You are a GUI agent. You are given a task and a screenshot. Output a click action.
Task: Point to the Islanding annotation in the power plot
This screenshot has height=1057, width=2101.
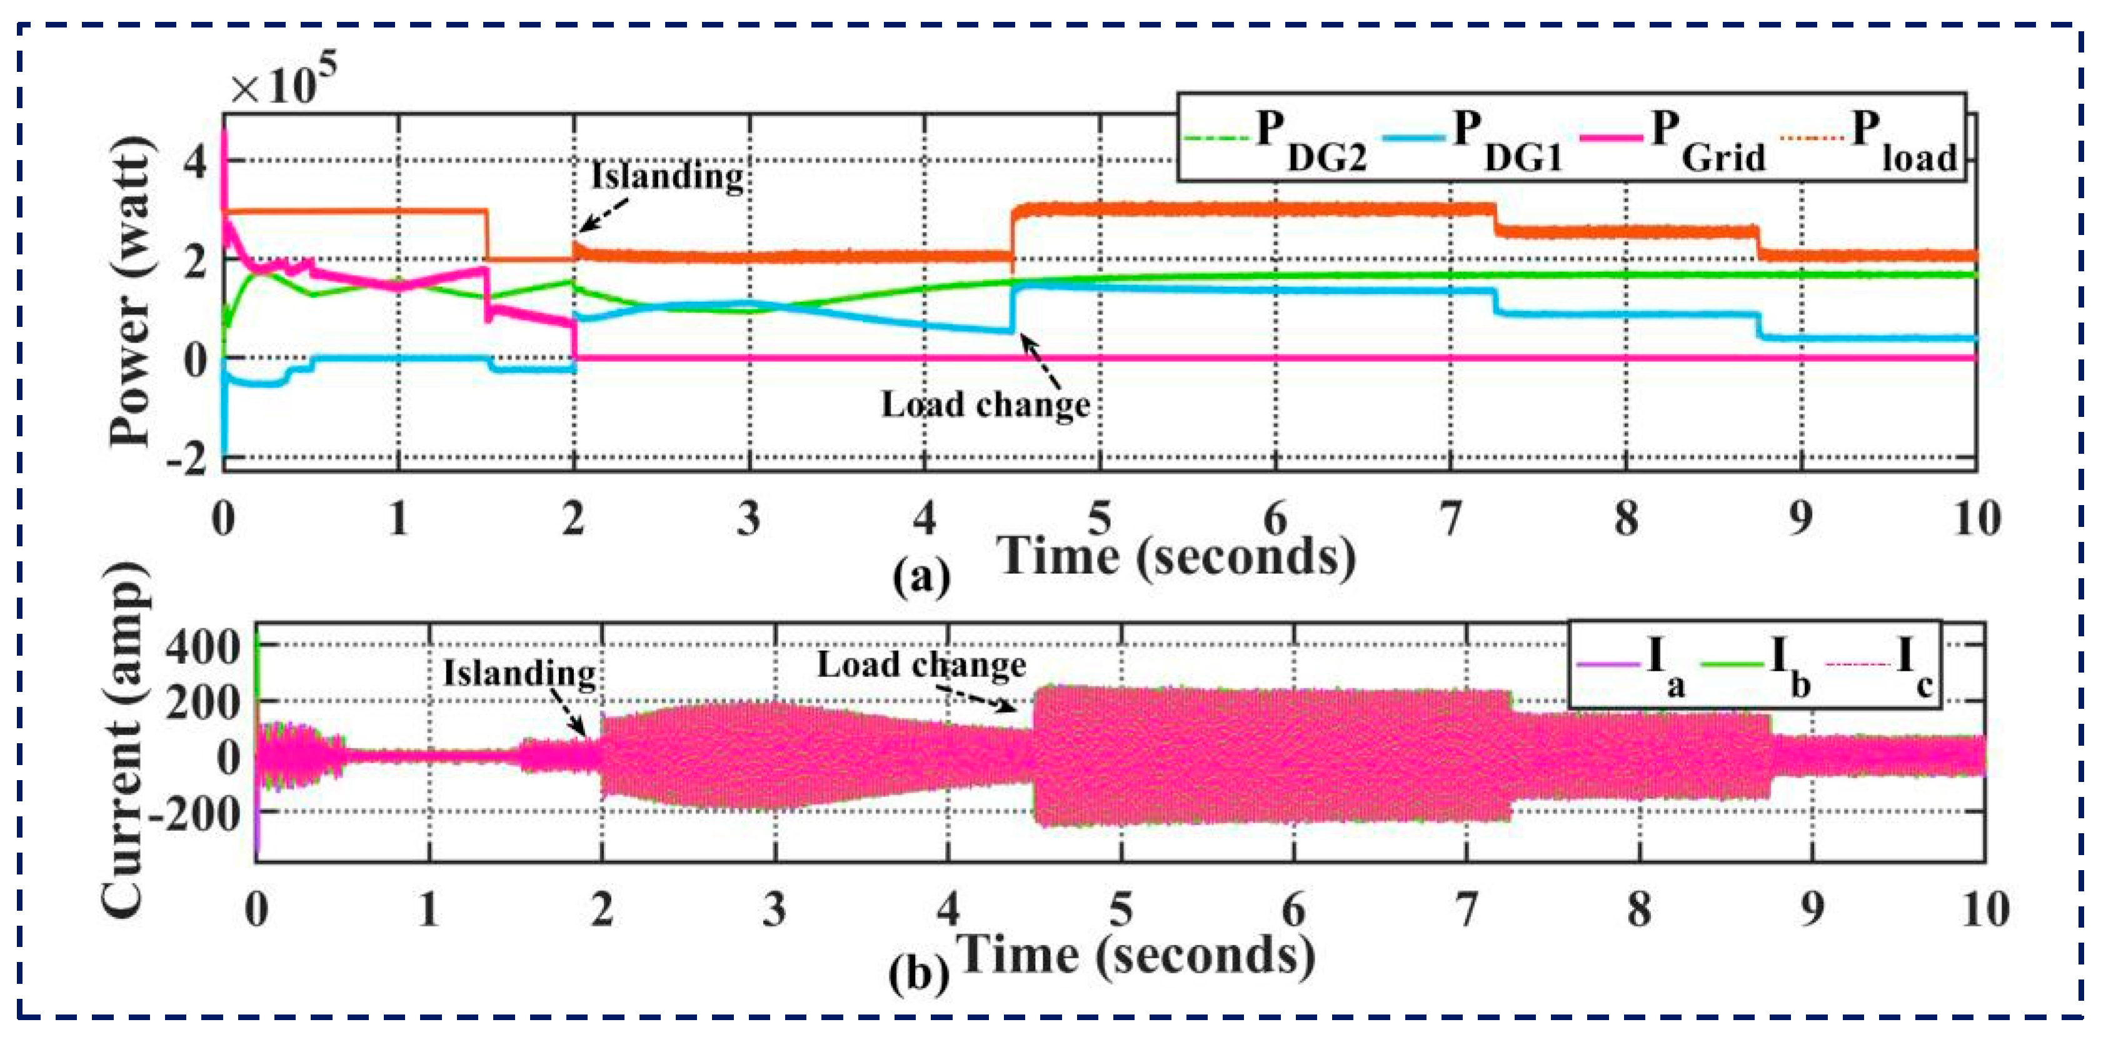pyautogui.click(x=667, y=176)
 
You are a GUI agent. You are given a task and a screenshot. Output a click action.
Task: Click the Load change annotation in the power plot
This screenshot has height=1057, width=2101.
pyautogui.click(x=985, y=404)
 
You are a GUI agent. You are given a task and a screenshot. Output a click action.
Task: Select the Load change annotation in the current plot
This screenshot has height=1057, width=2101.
pyautogui.click(x=921, y=664)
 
